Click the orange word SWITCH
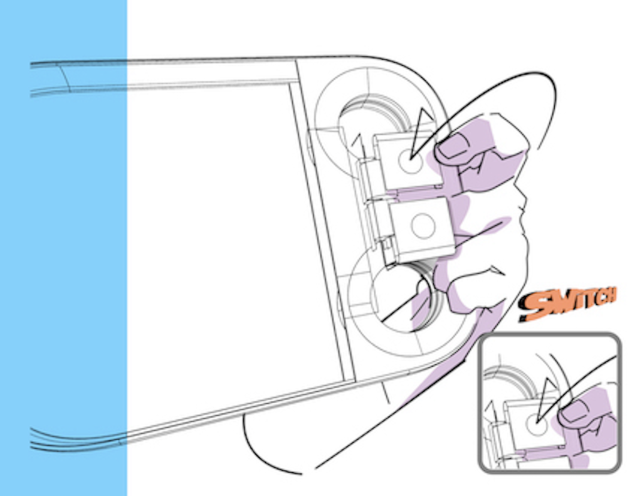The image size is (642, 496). tap(567, 305)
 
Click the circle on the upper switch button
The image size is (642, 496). tap(410, 160)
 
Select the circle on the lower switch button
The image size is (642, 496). tap(423, 226)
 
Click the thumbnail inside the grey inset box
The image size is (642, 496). tap(576, 411)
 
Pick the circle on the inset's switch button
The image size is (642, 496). tap(537, 424)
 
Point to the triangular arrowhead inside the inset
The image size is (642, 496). tap(547, 400)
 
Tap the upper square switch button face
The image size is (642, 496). tap(409, 161)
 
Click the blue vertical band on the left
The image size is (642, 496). tap(63, 248)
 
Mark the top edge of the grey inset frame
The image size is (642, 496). tap(550, 335)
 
